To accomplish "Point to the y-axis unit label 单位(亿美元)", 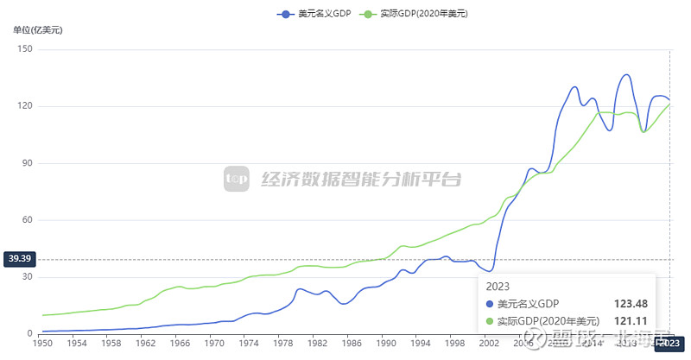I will (x=38, y=30).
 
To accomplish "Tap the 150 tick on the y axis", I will (x=24, y=49).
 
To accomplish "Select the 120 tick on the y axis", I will (x=24, y=106).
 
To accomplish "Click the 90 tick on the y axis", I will (x=26, y=163).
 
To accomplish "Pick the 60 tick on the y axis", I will (x=26, y=220).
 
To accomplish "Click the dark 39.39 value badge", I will (x=19, y=258).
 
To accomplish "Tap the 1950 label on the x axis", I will (x=42, y=343).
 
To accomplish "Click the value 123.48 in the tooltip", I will (x=631, y=304).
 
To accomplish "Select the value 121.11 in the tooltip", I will (x=631, y=322).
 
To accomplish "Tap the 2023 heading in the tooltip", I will (x=498, y=286).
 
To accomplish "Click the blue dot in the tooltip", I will (x=491, y=304).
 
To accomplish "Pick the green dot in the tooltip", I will (x=491, y=322).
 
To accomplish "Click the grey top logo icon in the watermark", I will (x=237, y=179).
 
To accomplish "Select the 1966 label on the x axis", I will (x=179, y=343).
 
